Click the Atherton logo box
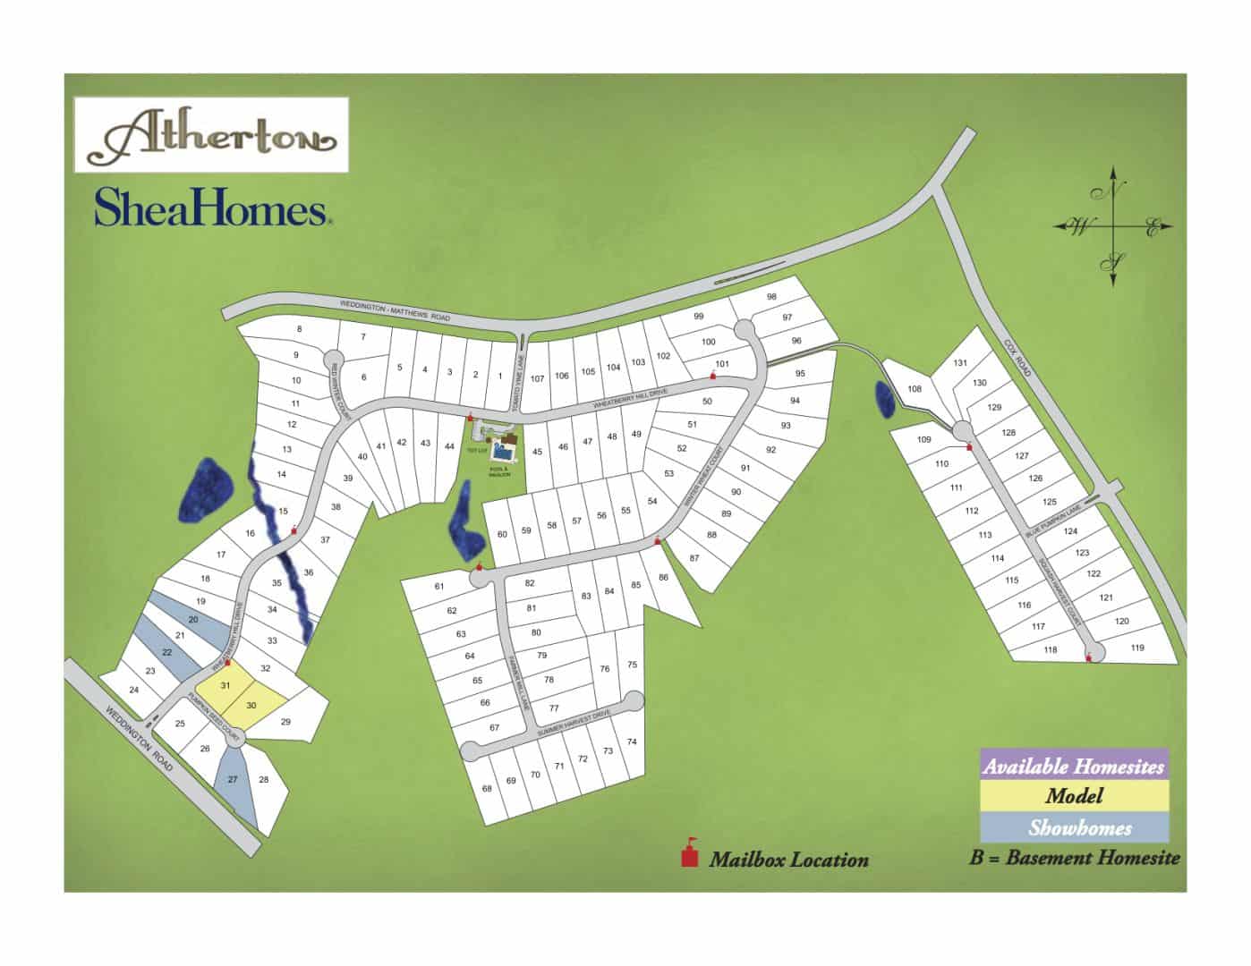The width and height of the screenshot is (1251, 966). pos(210,134)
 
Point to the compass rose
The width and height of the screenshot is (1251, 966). pos(1114,226)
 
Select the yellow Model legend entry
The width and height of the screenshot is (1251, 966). pos(1074,796)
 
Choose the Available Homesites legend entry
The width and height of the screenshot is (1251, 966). pos(1074,766)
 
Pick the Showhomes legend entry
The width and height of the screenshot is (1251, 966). pos(1074,827)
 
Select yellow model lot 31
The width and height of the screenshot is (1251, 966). pos(226,686)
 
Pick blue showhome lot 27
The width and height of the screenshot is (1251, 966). pos(233,780)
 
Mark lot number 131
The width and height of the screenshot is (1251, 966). pos(960,362)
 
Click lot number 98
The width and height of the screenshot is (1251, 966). pos(771,297)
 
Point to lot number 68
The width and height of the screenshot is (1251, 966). pos(487,789)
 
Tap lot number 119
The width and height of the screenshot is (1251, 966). pos(1137,648)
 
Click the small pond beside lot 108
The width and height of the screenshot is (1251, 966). pos(884,399)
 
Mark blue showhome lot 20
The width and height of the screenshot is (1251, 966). pos(192,620)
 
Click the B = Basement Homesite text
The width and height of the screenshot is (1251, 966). pos(1074,858)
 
